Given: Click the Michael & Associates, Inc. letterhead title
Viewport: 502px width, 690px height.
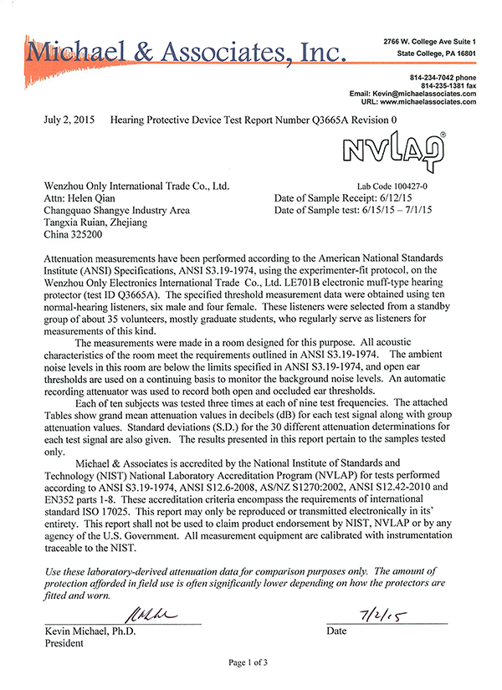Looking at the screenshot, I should (x=186, y=53).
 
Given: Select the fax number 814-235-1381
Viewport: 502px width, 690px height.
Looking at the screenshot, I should (x=438, y=85).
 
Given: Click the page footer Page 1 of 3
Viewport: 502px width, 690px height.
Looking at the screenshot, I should (x=250, y=662).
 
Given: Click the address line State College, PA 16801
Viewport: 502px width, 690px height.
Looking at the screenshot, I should (x=436, y=53).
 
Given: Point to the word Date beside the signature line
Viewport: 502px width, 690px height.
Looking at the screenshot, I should (x=337, y=631).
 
